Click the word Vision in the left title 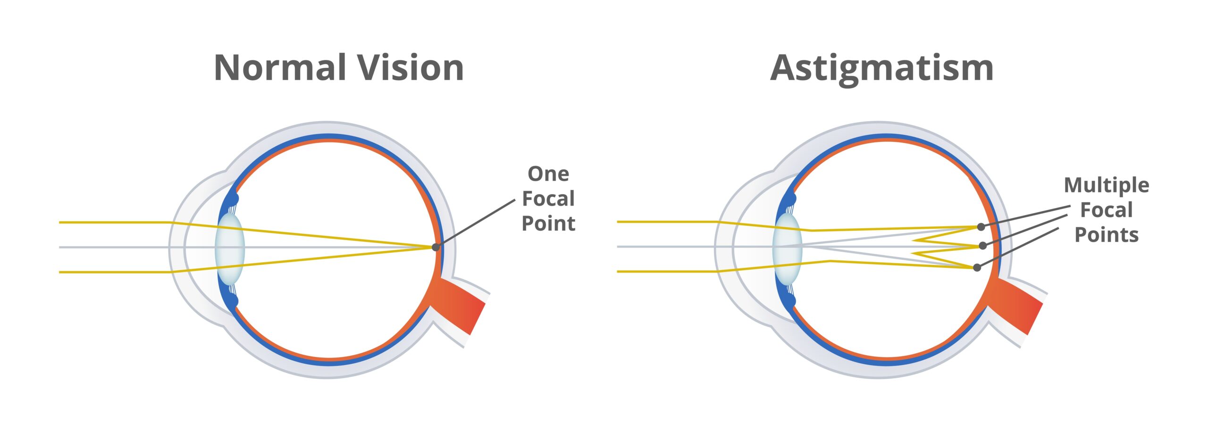410,67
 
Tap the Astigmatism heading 882,70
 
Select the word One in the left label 548,174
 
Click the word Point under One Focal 548,224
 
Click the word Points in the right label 1107,235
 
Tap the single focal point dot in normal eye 436,247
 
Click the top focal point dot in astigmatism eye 981,227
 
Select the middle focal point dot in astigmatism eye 983,246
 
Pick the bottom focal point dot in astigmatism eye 977,268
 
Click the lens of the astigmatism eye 787,249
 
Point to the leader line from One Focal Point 475,223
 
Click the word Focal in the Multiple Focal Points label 1107,210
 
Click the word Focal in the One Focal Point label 548,199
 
